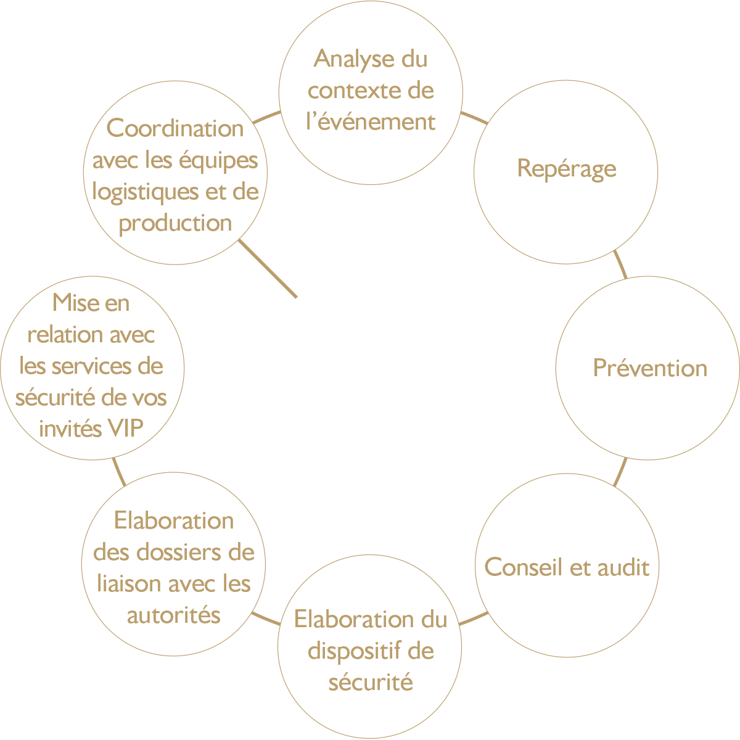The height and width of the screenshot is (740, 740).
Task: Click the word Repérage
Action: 567,169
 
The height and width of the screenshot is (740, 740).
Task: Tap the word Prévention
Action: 650,368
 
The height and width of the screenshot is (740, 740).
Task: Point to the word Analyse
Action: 353,60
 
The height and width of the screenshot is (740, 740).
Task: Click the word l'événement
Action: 371,121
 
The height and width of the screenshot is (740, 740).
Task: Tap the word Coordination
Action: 175,128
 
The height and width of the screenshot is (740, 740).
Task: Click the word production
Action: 175,223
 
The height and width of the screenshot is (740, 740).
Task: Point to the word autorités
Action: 173,615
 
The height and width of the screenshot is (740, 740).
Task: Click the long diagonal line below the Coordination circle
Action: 268,269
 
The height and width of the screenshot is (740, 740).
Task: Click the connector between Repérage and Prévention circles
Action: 620,265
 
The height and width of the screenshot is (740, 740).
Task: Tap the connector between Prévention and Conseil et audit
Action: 620,472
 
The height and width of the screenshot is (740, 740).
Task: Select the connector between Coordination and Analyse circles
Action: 266,117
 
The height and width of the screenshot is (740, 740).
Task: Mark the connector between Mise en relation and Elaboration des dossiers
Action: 119,472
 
